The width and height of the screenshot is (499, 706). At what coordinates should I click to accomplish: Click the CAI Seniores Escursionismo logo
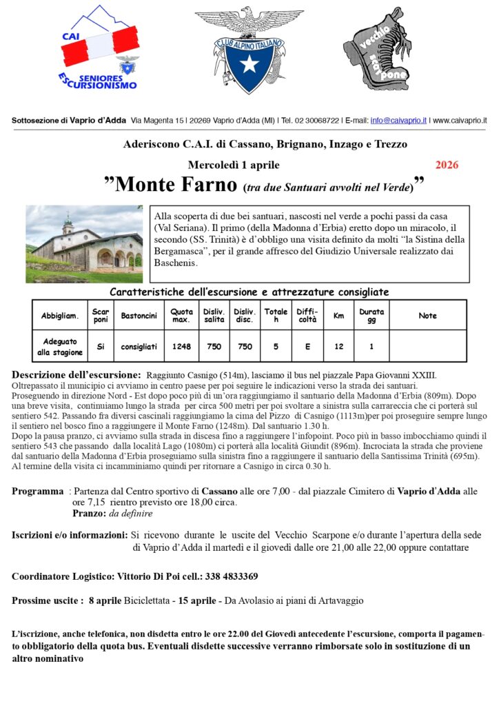pos(99,49)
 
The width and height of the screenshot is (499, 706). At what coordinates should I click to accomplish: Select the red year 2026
pos(447,165)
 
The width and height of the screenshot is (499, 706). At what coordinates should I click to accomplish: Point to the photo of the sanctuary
pos(84,244)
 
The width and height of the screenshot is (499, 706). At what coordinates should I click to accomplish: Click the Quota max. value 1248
pos(182,347)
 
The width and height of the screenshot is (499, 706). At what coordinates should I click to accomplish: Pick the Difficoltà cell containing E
pos(307,347)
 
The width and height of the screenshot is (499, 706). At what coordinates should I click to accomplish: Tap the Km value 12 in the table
pos(339,347)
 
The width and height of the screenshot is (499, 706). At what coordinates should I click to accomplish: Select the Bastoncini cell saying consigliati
pos(139,347)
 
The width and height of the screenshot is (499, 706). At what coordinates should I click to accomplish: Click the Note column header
pos(427,316)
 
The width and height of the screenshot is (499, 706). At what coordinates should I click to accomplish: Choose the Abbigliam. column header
pos(60,316)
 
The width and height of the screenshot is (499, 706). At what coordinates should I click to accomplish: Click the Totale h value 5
pos(276,347)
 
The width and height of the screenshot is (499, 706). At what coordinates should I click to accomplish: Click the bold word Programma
pos(38,491)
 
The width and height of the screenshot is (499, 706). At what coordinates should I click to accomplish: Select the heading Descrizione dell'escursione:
pos(77,374)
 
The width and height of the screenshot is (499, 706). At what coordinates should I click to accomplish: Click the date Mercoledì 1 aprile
pos(234,165)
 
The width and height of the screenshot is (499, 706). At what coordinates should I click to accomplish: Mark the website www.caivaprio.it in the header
pos(460,120)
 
